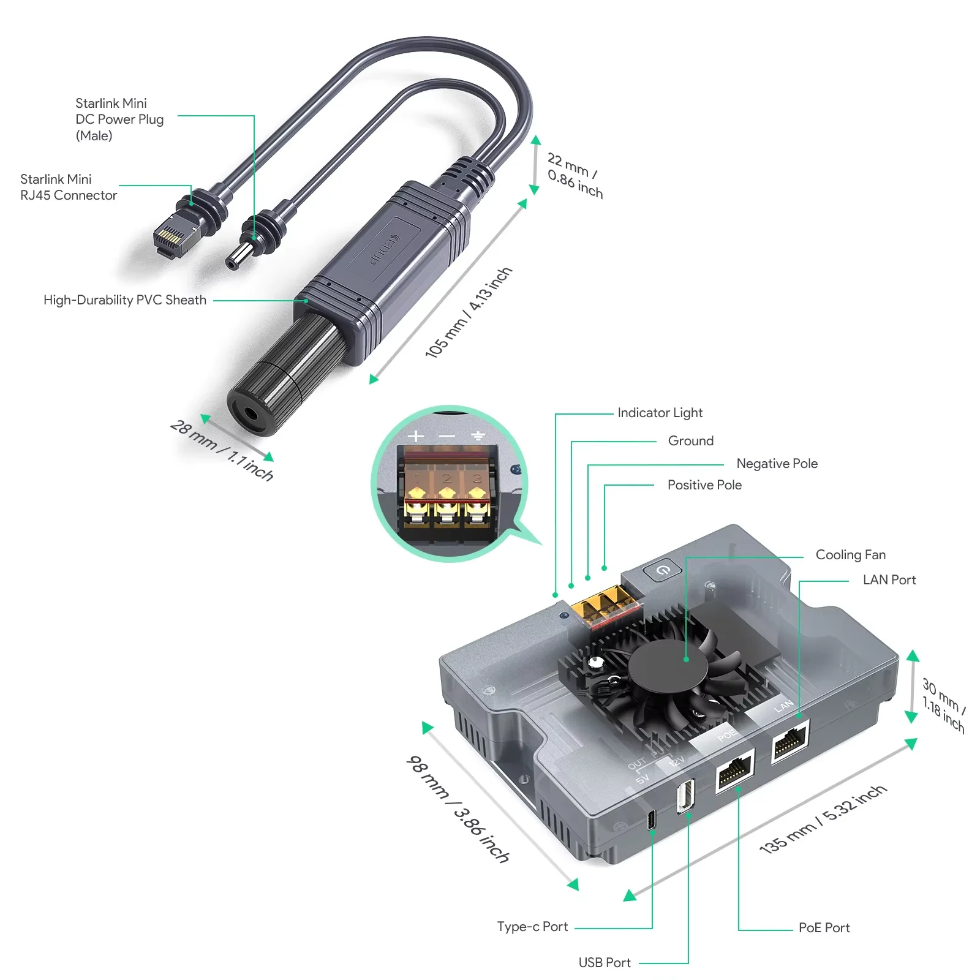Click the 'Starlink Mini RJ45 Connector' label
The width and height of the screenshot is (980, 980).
pyautogui.click(x=68, y=187)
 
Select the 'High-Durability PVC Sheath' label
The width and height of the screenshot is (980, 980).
pyautogui.click(x=125, y=300)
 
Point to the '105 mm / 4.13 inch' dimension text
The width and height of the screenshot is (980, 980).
pyautogui.click(x=469, y=313)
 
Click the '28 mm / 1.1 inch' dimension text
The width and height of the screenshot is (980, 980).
pyautogui.click(x=222, y=451)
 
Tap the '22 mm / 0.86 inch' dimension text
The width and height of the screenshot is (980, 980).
pyautogui.click(x=575, y=175)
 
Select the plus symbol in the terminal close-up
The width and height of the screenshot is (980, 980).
pyautogui.click(x=416, y=436)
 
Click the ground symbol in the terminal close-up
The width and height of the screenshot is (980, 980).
pyautogui.click(x=478, y=436)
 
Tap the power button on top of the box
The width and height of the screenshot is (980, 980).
pyautogui.click(x=663, y=570)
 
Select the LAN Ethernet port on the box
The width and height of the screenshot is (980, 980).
pyautogui.click(x=790, y=742)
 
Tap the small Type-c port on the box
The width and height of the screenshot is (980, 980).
pyautogui.click(x=652, y=819)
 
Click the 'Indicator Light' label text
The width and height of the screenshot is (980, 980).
pyautogui.click(x=660, y=413)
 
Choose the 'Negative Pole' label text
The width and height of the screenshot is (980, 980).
pyautogui.click(x=777, y=464)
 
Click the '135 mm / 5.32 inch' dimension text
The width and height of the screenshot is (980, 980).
pyautogui.click(x=823, y=820)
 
